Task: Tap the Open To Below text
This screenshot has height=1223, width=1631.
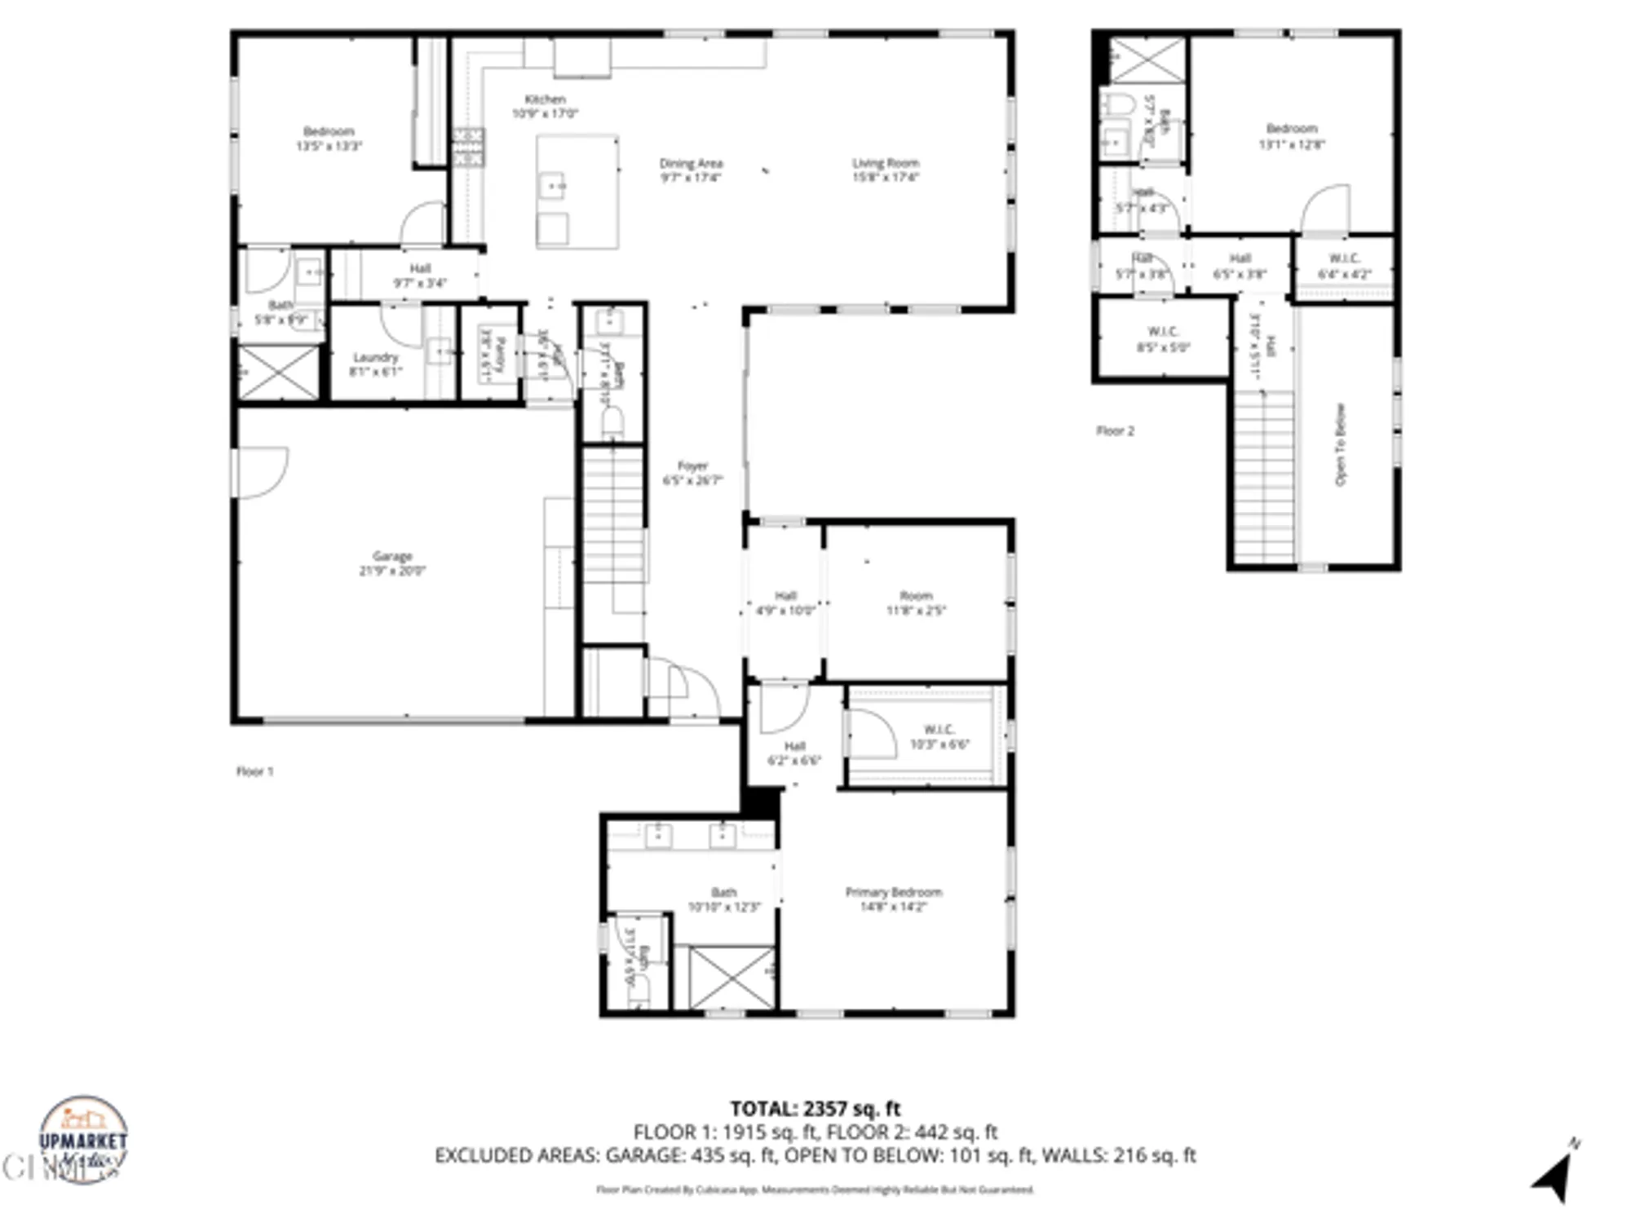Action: click(x=1340, y=444)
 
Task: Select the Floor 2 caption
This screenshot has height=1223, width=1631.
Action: click(x=1115, y=430)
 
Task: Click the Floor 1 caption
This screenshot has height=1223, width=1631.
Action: click(x=254, y=770)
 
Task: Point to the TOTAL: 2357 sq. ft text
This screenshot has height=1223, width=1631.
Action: click(x=815, y=1108)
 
